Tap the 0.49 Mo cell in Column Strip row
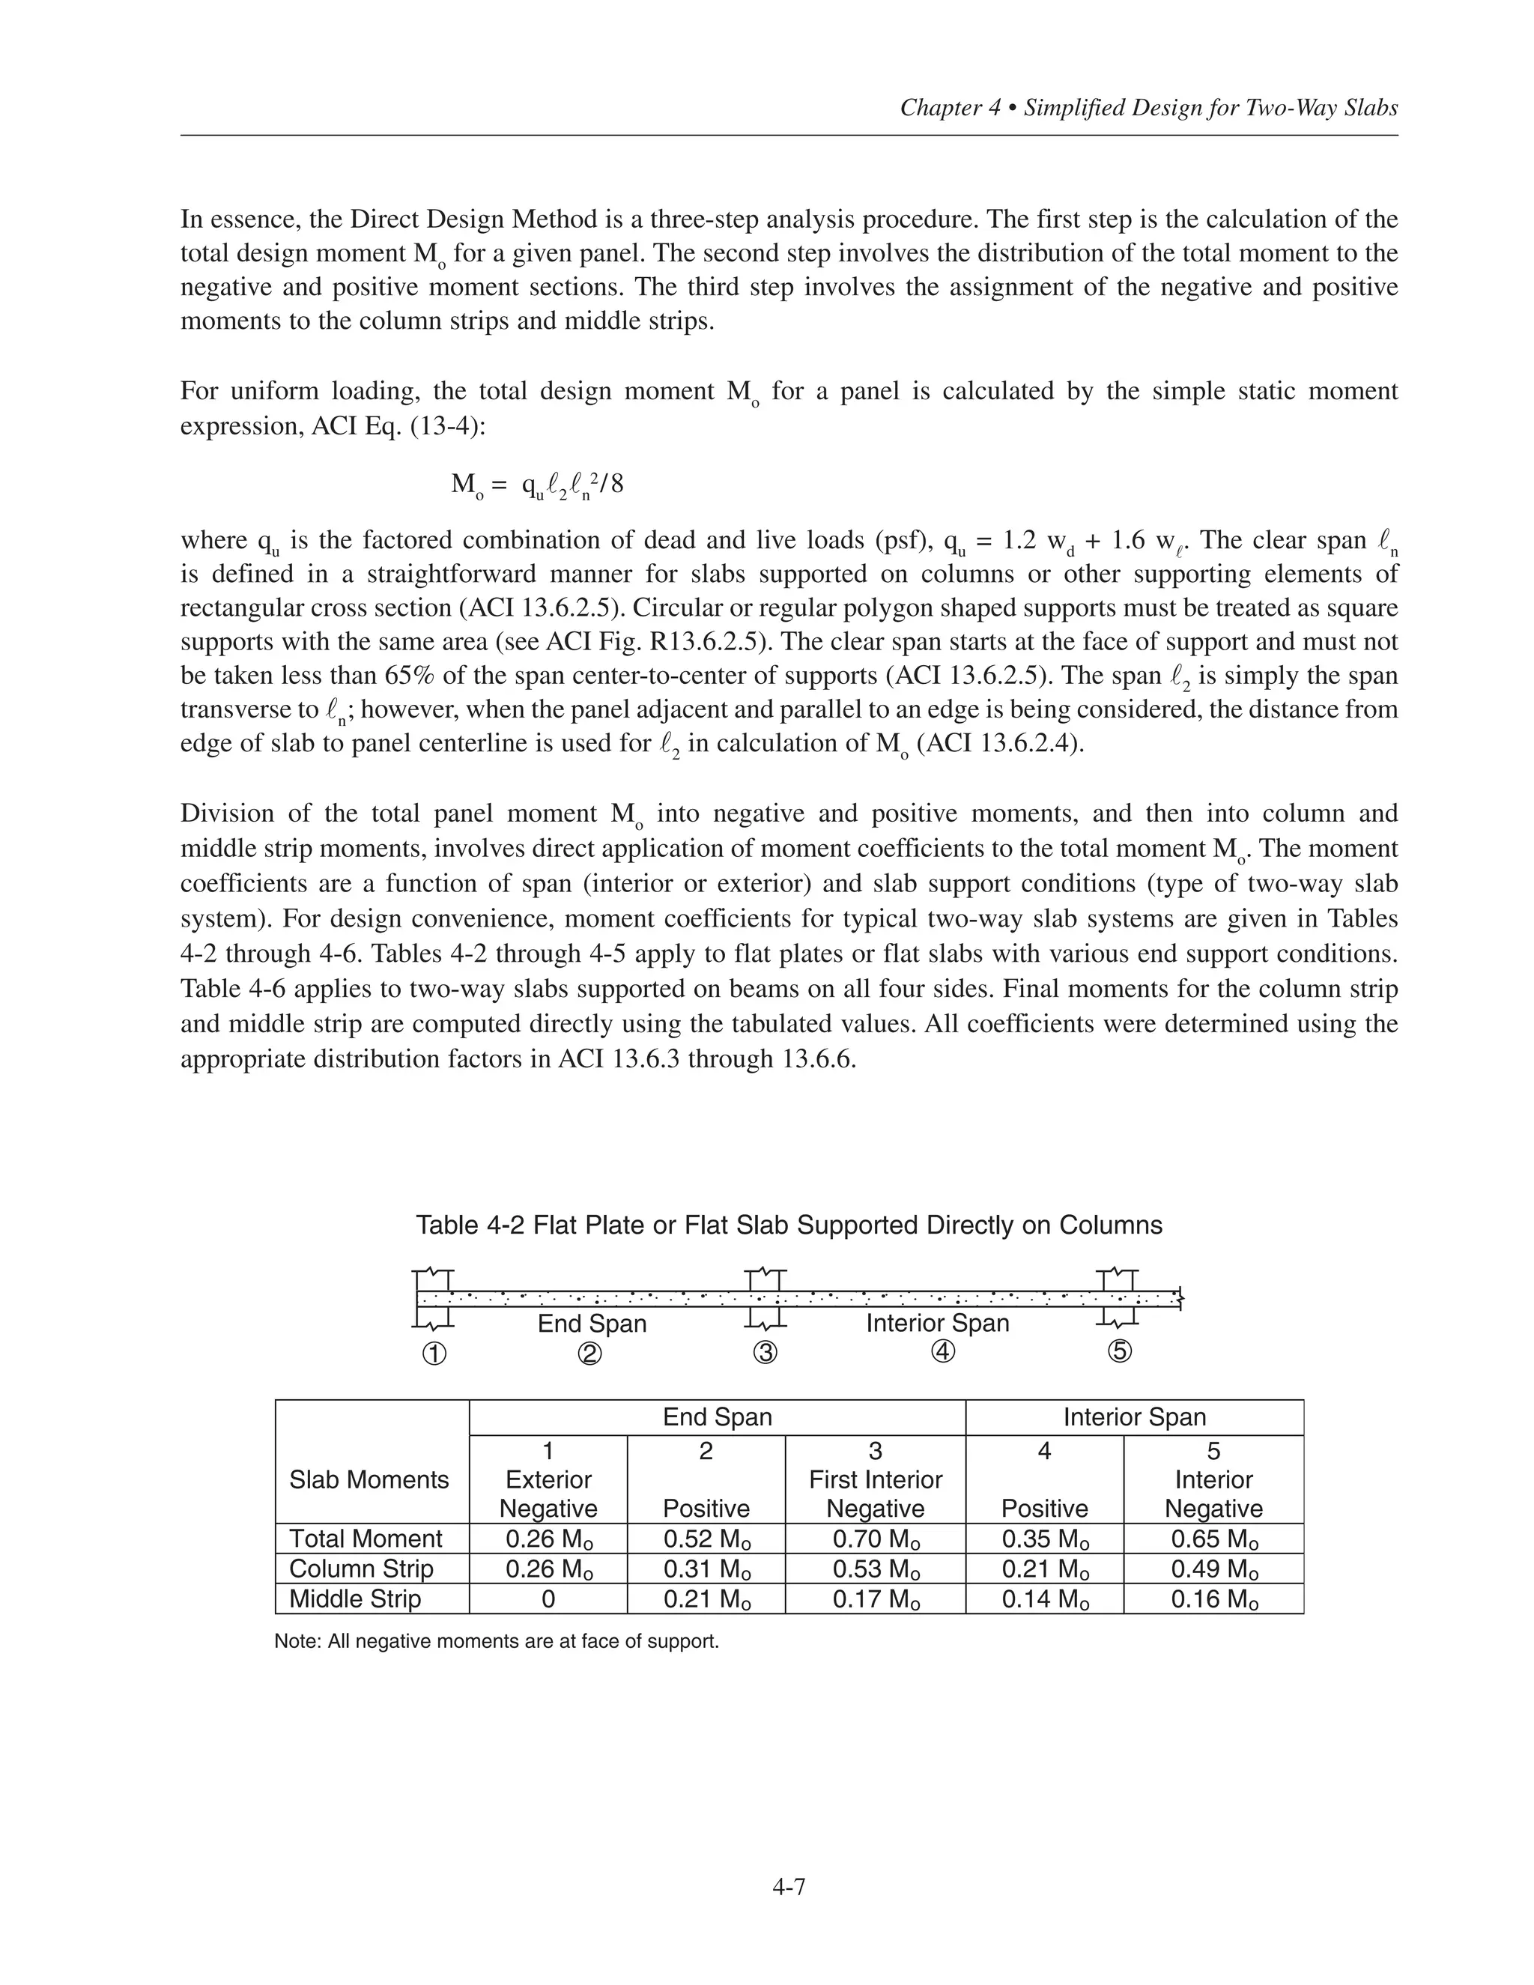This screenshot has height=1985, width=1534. pyautogui.click(x=1213, y=1569)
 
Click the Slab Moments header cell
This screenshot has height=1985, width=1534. pyautogui.click(x=369, y=1479)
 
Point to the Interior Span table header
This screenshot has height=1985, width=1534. pyautogui.click(x=1134, y=1417)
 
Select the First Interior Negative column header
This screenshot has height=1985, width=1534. pyautogui.click(x=875, y=1479)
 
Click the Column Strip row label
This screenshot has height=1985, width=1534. pyautogui.click(x=361, y=1569)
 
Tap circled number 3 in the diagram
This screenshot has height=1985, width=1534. pyautogui.click(x=766, y=1354)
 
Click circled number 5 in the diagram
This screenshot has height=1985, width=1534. pyautogui.click(x=1119, y=1352)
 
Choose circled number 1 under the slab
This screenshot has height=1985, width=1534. pyautogui.click(x=434, y=1354)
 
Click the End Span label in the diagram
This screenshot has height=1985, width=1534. pyautogui.click(x=592, y=1324)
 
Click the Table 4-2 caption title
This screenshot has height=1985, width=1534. pyautogui.click(x=788, y=1225)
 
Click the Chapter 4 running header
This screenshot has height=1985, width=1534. pyautogui.click(x=1148, y=108)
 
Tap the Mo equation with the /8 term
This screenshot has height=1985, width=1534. pyautogui.click(x=537, y=485)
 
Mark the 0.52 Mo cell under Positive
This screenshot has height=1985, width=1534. pyautogui.click(x=706, y=1539)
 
